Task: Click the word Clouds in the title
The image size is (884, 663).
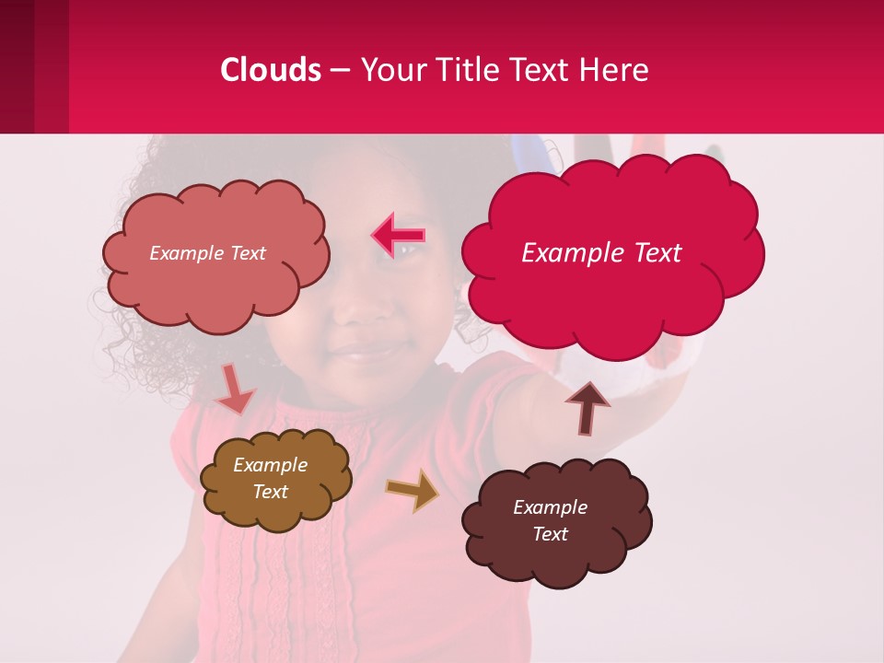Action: (270, 70)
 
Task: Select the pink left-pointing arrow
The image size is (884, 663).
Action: (399, 236)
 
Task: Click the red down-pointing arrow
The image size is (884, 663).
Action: (234, 390)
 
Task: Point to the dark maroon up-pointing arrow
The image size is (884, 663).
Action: (587, 408)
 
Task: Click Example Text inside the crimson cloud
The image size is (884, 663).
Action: (601, 253)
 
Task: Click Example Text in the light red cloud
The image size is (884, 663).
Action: (207, 253)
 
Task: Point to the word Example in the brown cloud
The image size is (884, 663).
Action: (270, 465)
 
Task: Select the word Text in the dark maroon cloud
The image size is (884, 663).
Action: (550, 534)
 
